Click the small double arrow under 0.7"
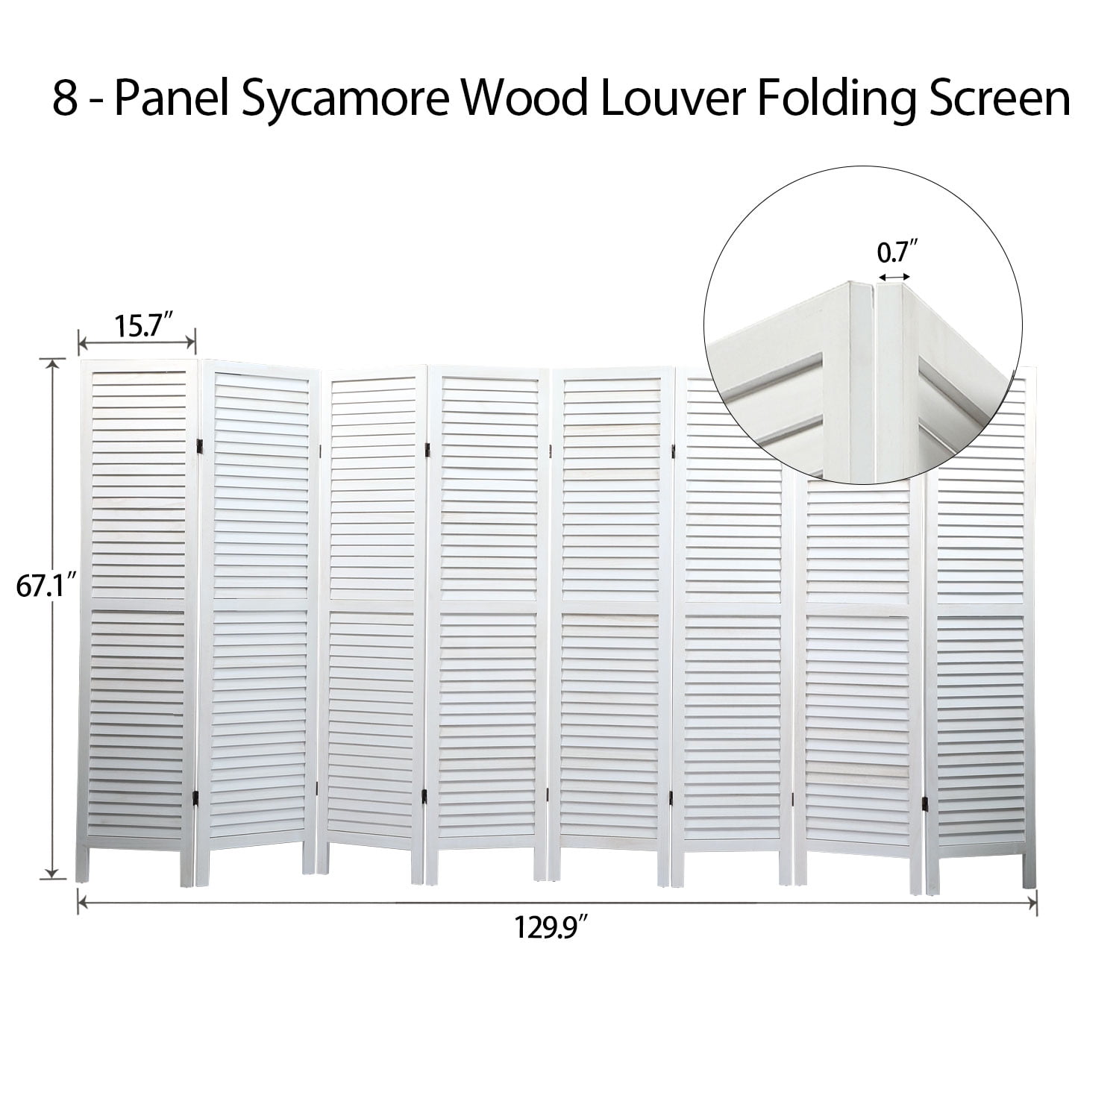[x=894, y=277]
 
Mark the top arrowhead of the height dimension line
[x=52, y=363]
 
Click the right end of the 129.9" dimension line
[x=1036, y=903]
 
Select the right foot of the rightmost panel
[x=1029, y=868]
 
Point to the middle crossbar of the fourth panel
[x=489, y=606]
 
